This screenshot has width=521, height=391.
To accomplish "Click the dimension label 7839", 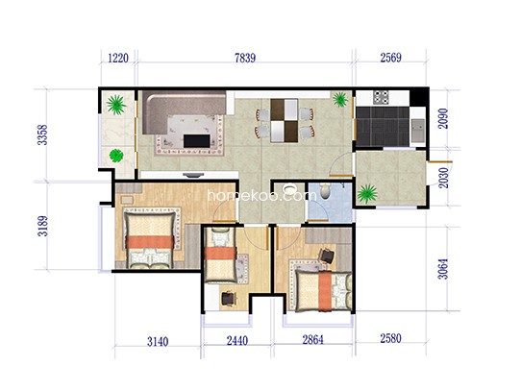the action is tap(245, 59).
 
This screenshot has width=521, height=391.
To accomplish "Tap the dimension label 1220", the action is tap(118, 59).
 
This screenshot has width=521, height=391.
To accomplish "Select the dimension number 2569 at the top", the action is tap(390, 58).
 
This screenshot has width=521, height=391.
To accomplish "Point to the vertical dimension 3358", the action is tap(42, 134).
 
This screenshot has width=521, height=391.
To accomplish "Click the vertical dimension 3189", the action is tap(42, 226).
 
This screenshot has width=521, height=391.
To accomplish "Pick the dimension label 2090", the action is tap(443, 118).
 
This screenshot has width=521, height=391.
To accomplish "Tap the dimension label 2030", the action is tap(443, 178).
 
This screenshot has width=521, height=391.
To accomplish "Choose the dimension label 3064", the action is tap(443, 269).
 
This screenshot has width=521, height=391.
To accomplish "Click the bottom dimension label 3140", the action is tap(158, 341).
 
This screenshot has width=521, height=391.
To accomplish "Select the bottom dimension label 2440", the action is tap(237, 341).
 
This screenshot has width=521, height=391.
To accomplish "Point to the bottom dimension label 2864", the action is tap(312, 340).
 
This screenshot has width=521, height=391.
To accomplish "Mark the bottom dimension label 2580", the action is tap(390, 339).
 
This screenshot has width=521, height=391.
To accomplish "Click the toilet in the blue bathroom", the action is tap(326, 191).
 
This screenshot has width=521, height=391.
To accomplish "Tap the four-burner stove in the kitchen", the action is tap(381, 97).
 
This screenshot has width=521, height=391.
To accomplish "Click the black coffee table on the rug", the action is tap(197, 141).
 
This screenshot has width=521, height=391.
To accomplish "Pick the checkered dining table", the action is tap(285, 121).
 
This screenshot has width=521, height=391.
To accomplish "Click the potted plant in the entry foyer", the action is tap(367, 193).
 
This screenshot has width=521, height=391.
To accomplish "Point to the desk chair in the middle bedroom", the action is tap(229, 299).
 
